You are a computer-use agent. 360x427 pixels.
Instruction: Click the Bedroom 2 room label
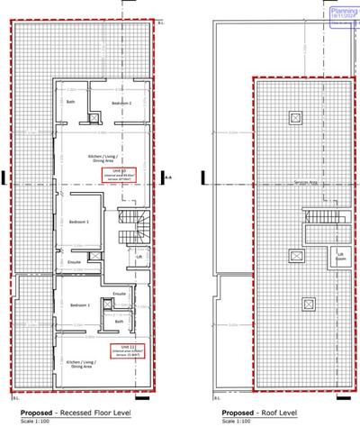[x=121, y=104]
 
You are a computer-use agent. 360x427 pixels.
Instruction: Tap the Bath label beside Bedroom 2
[x=71, y=102]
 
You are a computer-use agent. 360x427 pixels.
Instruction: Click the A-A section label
[x=168, y=178]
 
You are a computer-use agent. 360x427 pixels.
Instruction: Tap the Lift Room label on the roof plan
[x=340, y=256]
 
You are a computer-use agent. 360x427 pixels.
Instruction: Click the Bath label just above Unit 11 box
[x=120, y=320]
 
